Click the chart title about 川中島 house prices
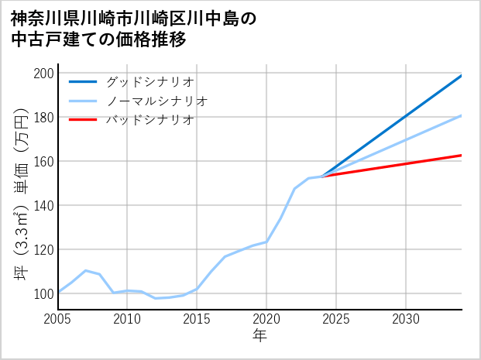point(132,29)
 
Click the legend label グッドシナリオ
point(150,81)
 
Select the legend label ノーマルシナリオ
point(156,101)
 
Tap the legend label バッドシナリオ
point(150,120)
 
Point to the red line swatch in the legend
point(83,120)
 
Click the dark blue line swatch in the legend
point(83,81)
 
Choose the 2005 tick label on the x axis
point(58,319)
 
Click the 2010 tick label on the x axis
point(128,319)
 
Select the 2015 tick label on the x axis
point(197,319)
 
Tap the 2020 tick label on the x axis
point(266,319)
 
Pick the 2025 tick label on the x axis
point(336,319)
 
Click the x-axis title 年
point(260,336)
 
